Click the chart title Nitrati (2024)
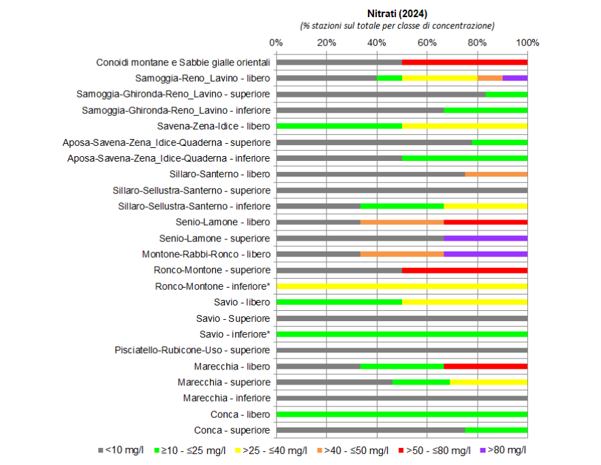397,13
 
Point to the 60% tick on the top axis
427,42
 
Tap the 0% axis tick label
276,42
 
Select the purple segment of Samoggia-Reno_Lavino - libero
514,78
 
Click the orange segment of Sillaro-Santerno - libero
496,174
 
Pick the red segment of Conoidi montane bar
465,62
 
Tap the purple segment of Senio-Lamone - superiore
485,238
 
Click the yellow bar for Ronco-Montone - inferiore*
402,286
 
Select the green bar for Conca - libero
402,414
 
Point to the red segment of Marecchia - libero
485,366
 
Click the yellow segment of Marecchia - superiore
489,382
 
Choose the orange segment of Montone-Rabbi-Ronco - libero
402,254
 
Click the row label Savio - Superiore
234,318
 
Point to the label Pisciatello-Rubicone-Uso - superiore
193,350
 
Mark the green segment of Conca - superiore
496,430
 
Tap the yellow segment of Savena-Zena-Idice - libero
465,126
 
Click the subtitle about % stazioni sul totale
397,25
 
